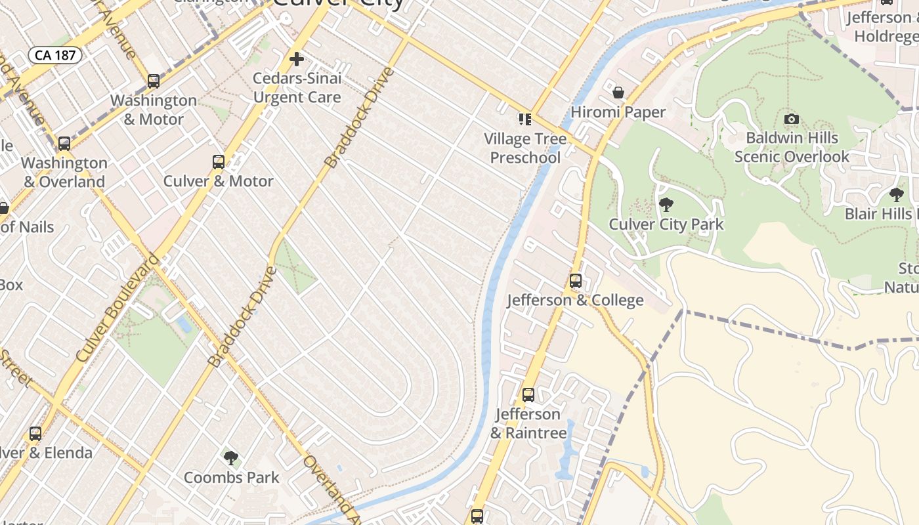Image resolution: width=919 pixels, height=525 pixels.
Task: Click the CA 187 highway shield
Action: (x=54, y=55)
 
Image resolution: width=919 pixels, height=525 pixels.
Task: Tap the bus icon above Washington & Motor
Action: (x=154, y=81)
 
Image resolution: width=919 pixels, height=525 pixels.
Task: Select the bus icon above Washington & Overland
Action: (x=64, y=144)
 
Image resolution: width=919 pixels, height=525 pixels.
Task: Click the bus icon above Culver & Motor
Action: (x=219, y=162)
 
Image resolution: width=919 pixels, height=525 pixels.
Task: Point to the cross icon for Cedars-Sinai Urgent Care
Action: (x=297, y=60)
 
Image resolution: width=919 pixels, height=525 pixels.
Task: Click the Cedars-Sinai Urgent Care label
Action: (x=297, y=88)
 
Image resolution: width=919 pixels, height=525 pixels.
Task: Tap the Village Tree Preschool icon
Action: (x=525, y=119)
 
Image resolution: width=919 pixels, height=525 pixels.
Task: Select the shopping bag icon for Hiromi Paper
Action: (x=618, y=93)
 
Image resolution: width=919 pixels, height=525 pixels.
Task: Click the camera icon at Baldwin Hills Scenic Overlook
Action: (x=792, y=119)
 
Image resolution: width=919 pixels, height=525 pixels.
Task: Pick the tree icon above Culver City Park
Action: (x=666, y=205)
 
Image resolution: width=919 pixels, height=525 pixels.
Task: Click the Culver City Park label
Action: (x=666, y=224)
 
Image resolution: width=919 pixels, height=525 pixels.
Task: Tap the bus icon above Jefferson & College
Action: (x=576, y=281)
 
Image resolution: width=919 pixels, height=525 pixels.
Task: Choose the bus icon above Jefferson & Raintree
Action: (x=528, y=395)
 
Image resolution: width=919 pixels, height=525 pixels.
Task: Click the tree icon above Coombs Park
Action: (x=231, y=458)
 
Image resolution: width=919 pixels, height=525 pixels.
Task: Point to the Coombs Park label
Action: (x=232, y=478)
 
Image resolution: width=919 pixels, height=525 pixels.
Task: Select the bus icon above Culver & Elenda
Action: (x=35, y=434)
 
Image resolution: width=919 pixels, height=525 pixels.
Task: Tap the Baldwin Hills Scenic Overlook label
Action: (x=792, y=147)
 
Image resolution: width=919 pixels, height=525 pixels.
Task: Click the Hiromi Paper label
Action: (x=618, y=112)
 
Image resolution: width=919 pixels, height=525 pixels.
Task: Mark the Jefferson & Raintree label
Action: (x=528, y=423)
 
